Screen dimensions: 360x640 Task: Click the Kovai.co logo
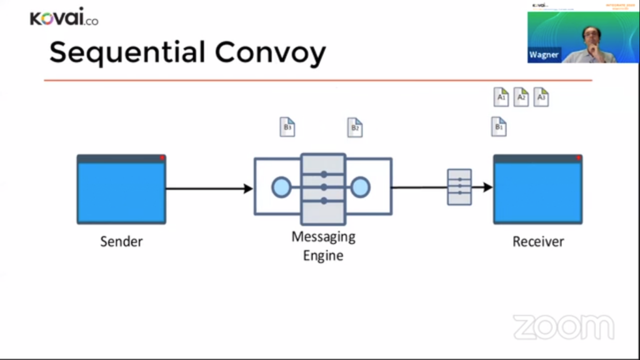(x=64, y=18)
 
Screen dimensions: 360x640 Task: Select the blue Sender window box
(x=121, y=189)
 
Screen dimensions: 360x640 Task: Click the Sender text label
(x=121, y=241)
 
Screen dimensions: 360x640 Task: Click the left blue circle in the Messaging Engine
(x=281, y=187)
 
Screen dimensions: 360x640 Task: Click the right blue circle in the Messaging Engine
(x=361, y=187)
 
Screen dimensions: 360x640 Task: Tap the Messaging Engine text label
(x=323, y=246)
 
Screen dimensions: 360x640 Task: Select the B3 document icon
(x=287, y=127)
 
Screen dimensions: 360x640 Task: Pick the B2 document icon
(x=355, y=127)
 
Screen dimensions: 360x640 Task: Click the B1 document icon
(x=499, y=127)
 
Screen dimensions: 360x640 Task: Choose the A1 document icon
(x=501, y=97)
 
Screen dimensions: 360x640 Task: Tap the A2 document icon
(x=521, y=97)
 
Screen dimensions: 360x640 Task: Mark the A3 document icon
(x=541, y=97)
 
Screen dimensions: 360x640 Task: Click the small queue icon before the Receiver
(x=459, y=187)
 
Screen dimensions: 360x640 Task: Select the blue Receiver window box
(x=537, y=189)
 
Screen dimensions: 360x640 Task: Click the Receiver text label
(x=538, y=241)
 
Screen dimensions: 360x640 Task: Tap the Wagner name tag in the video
(x=544, y=55)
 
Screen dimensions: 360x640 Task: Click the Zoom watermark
(x=563, y=327)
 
